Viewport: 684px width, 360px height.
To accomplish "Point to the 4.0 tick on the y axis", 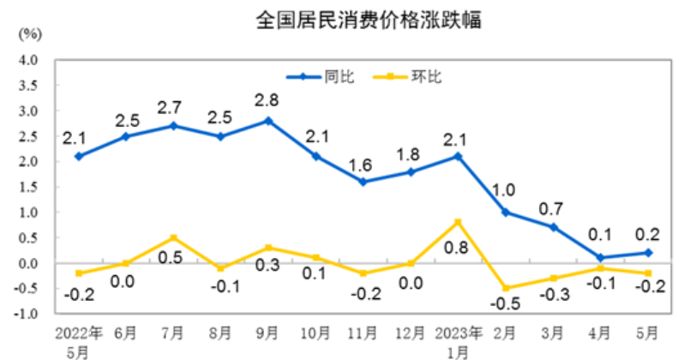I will (x=30, y=60).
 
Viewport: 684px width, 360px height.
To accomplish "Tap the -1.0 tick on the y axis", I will (x=28, y=314).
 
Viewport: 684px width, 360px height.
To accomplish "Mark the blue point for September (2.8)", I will (x=268, y=121).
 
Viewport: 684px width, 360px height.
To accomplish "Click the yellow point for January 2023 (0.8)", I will (x=458, y=222).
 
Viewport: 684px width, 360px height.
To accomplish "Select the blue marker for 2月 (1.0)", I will (x=506, y=212).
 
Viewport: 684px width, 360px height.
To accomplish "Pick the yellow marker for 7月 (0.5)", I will (x=173, y=237).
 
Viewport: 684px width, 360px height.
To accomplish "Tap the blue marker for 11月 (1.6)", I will (x=363, y=182).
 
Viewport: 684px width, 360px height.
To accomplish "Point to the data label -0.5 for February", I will (x=507, y=304).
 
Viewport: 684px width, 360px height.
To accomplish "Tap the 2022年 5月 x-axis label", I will (x=79, y=339).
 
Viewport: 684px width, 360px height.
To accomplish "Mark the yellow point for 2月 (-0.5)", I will (x=506, y=288).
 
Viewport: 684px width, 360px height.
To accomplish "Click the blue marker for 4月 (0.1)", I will (x=600, y=257).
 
